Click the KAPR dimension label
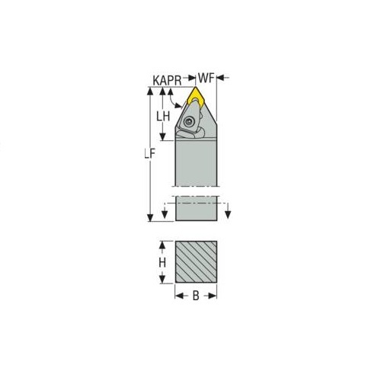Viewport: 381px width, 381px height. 167,80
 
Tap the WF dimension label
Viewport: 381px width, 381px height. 207,78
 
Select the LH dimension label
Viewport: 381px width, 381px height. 163,117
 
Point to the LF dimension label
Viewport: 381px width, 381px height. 150,154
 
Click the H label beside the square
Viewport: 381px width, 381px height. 162,262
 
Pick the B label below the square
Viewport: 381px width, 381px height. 196,296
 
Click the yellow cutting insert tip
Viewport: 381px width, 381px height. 196,88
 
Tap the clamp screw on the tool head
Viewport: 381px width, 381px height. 188,121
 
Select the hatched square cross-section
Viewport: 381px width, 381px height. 196,262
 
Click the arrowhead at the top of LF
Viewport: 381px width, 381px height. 150,91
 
